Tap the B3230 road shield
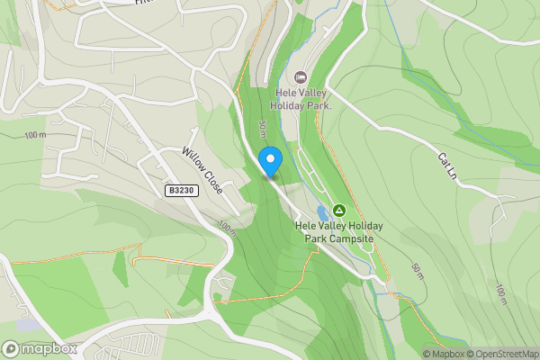click(181, 191)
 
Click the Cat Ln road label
click(447, 165)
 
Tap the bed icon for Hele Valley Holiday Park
click(301, 77)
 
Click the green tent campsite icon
click(339, 210)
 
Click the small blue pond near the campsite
click(322, 212)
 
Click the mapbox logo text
click(49, 348)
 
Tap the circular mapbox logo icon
click(11, 348)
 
